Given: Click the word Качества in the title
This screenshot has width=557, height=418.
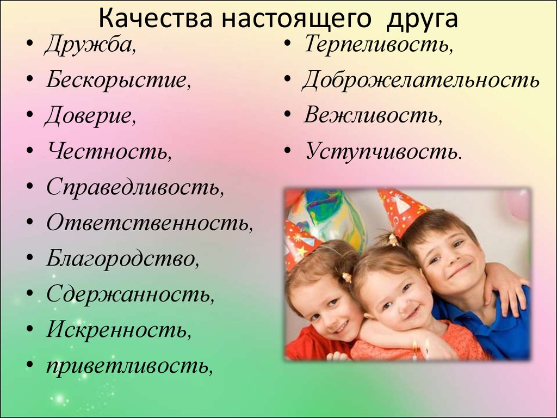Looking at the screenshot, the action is (155, 19).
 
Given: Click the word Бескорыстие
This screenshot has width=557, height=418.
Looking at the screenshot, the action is (118, 79).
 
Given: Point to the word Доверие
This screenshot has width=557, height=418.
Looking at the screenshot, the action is (90, 115).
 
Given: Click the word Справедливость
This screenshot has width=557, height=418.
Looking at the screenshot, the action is (135, 187).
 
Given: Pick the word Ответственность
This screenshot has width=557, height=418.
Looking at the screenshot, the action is (150, 223).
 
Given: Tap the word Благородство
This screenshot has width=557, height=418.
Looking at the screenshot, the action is (122, 259).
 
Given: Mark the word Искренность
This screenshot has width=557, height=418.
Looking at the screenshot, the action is (119, 329).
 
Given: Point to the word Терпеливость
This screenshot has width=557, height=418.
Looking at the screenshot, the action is (379, 45).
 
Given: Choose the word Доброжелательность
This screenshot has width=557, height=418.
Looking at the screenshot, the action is (420, 79).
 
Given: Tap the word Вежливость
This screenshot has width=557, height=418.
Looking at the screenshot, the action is (373, 115).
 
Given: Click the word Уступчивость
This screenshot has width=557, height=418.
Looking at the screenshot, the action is (383, 152).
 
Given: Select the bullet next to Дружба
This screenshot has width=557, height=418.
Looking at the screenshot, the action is (30, 45).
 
